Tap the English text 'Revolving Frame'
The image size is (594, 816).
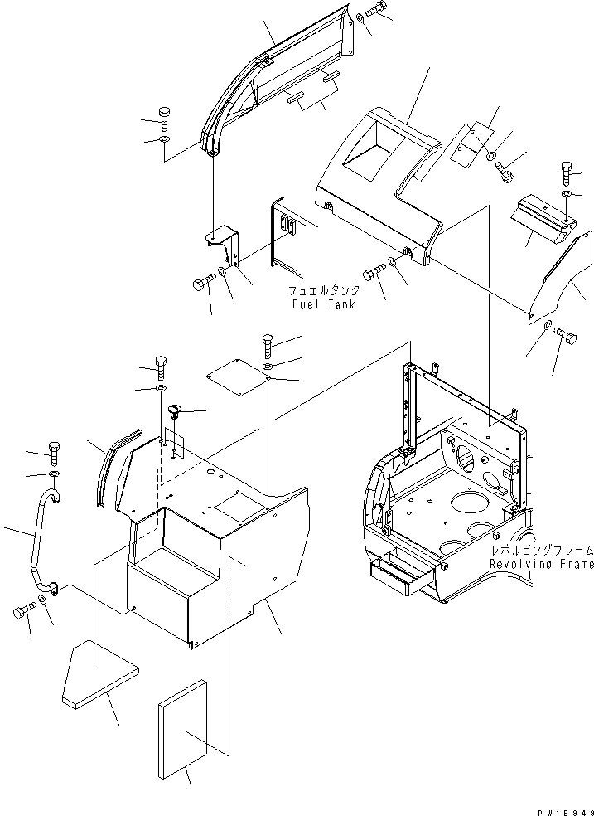click(x=541, y=565)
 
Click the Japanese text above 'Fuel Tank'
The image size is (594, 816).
click(x=324, y=292)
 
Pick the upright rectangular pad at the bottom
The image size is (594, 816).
click(x=181, y=731)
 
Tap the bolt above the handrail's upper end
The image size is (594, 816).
click(x=54, y=449)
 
